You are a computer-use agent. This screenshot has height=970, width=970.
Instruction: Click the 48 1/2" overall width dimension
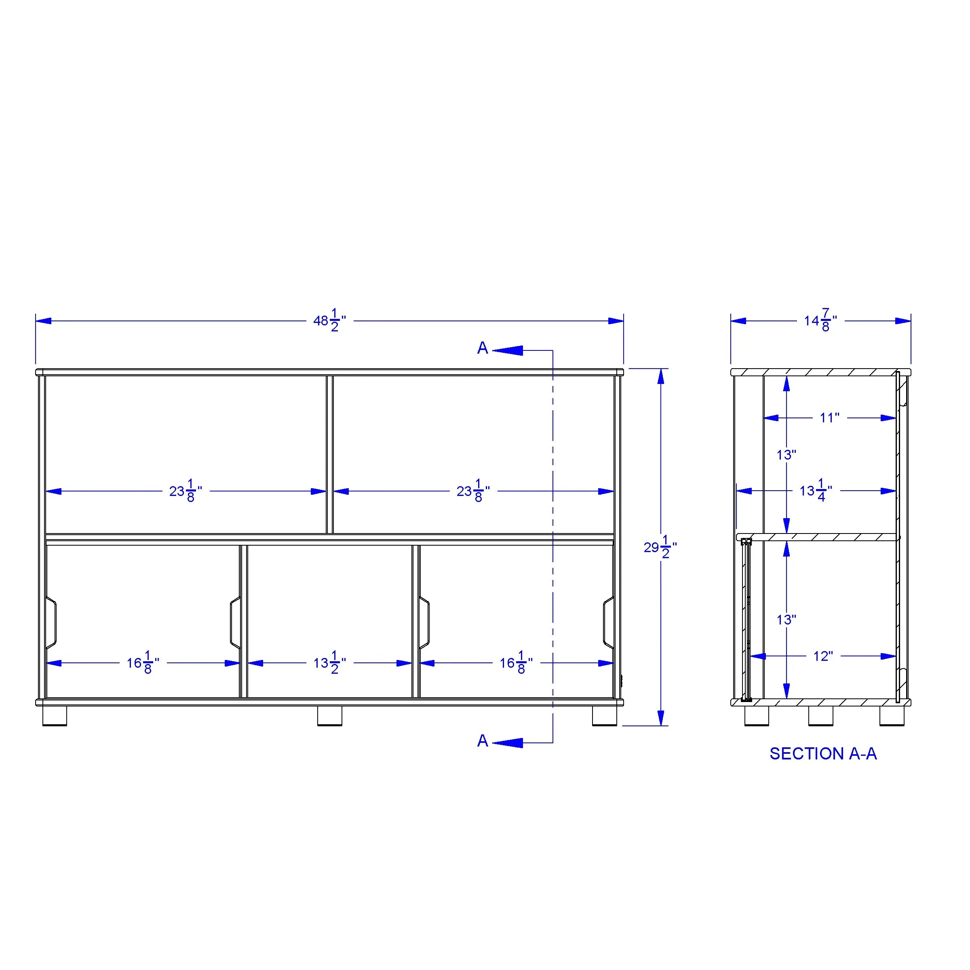point(329,321)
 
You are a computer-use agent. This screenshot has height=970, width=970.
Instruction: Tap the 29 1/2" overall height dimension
point(660,547)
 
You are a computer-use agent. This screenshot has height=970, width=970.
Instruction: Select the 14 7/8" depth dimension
point(820,321)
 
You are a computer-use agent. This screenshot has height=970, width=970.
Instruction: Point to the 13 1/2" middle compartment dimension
point(329,663)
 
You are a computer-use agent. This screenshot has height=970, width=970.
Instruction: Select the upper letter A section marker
point(483,348)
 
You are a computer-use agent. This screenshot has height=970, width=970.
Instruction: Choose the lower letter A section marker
point(483,740)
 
